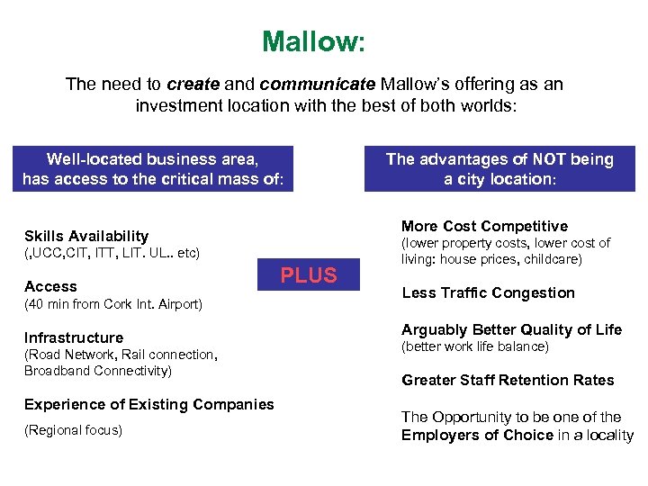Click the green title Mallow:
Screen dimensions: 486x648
[313, 41]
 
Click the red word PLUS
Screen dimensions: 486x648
[309, 275]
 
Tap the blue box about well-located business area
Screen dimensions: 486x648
[153, 168]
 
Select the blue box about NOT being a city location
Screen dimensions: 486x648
[499, 168]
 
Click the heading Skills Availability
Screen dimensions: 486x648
[86, 235]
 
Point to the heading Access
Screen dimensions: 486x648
[50, 286]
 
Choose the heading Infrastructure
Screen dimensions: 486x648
[74, 337]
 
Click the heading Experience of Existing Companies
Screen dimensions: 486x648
[148, 404]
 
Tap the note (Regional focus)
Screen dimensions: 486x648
[73, 430]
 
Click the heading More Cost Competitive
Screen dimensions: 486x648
[484, 226]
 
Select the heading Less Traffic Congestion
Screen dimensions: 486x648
[488, 292]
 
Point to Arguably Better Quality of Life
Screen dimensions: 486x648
[511, 329]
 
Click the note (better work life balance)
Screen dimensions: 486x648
[474, 346]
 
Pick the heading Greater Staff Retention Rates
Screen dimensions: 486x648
[508, 380]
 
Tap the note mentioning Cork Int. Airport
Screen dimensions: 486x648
[113, 304]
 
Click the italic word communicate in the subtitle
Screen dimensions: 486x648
[318, 85]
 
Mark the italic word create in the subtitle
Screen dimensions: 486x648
[193, 85]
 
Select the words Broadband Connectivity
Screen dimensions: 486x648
[97, 371]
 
